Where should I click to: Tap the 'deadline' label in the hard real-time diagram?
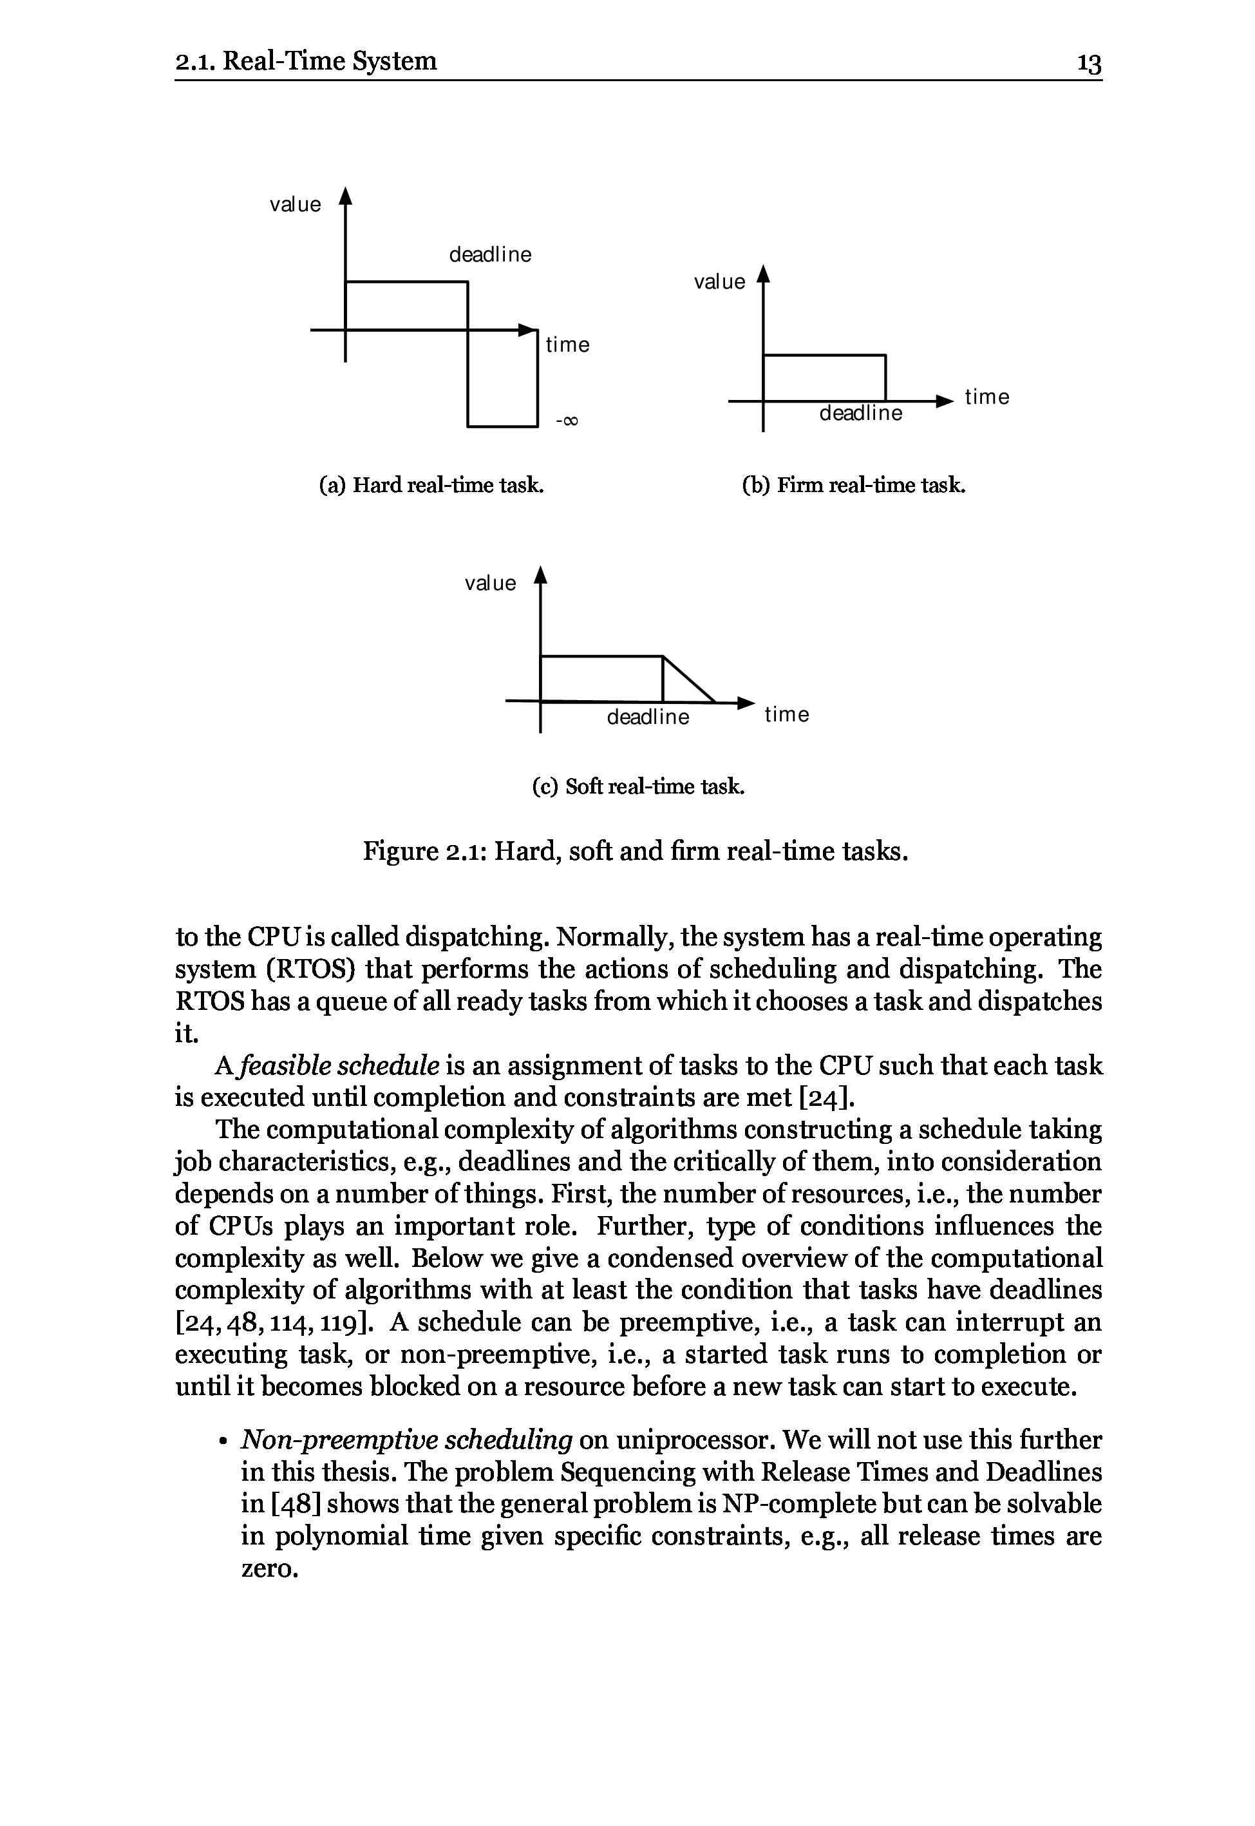(490, 255)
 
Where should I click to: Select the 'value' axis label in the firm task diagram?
(719, 282)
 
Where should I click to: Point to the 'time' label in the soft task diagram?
(786, 714)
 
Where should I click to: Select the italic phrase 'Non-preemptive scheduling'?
(406, 1440)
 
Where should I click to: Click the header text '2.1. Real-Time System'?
(306, 61)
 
